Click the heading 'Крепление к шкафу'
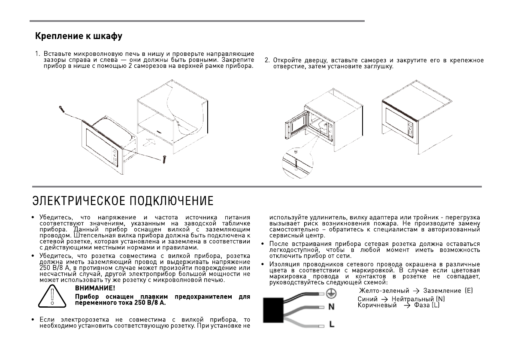79,36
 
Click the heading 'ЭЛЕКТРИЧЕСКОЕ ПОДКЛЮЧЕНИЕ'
123,201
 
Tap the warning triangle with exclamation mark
52,296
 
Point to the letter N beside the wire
331,307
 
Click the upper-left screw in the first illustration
63,110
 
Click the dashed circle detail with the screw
296,163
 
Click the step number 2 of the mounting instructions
266,60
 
